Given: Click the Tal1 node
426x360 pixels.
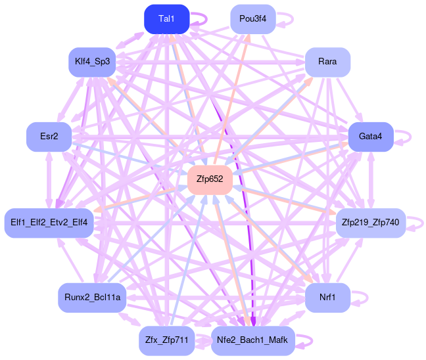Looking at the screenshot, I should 167,18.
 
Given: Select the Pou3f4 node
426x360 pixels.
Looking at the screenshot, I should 253,18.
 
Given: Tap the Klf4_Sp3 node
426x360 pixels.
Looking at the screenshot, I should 92,62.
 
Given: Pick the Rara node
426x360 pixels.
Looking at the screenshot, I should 327,62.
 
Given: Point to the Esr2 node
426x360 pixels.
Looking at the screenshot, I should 49,137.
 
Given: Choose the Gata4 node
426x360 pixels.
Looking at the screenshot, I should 371,137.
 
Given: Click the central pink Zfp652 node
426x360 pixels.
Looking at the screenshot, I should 210,179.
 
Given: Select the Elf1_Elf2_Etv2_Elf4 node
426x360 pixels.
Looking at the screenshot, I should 50,223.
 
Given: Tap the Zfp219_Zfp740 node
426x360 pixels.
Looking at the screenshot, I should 371,223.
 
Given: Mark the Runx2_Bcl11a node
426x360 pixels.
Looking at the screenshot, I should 92,298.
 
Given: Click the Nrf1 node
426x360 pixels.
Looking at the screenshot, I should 327,298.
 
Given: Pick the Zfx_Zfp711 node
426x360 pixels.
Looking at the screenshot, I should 167,340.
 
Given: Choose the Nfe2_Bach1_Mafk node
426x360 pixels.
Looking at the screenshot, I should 253,340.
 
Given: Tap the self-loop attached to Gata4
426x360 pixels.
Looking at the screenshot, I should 404,137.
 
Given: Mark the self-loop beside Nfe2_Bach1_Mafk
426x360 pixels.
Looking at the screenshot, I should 305,340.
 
